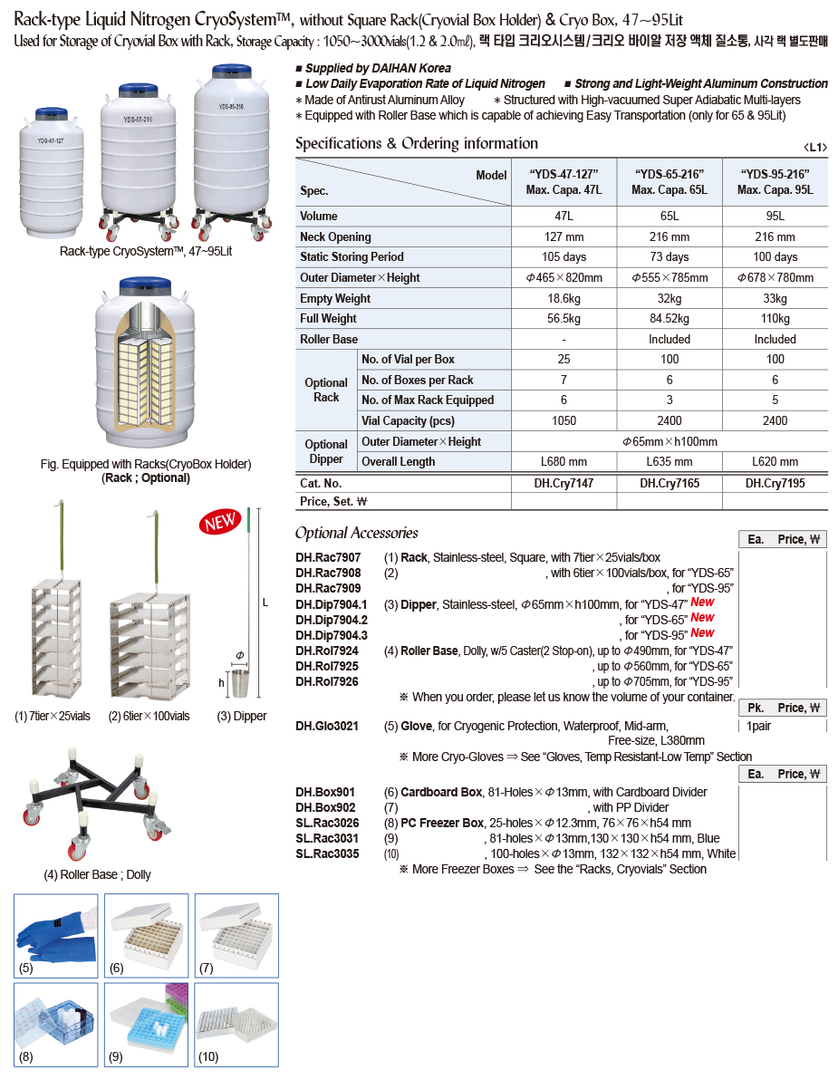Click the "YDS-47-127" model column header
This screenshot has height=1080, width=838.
[x=563, y=175]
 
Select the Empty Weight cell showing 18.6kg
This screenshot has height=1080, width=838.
[x=563, y=298]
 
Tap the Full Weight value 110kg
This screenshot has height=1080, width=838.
[x=775, y=319]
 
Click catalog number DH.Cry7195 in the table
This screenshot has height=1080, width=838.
[x=775, y=484]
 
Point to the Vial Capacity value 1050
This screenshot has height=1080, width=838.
[x=563, y=421]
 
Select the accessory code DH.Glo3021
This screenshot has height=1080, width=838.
[x=327, y=726]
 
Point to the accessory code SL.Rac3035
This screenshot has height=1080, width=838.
[x=327, y=853]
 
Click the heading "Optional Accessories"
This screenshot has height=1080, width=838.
[x=357, y=533]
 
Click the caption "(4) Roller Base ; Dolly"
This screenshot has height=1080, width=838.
[x=98, y=874]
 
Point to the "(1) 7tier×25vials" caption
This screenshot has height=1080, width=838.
[x=53, y=716]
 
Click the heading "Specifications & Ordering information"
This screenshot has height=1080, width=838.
[x=417, y=143]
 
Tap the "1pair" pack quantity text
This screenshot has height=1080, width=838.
[x=759, y=726]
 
